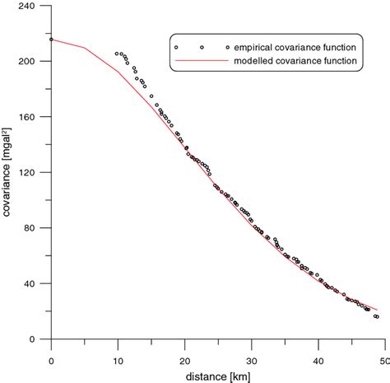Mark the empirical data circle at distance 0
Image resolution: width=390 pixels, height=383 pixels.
click(51, 39)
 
